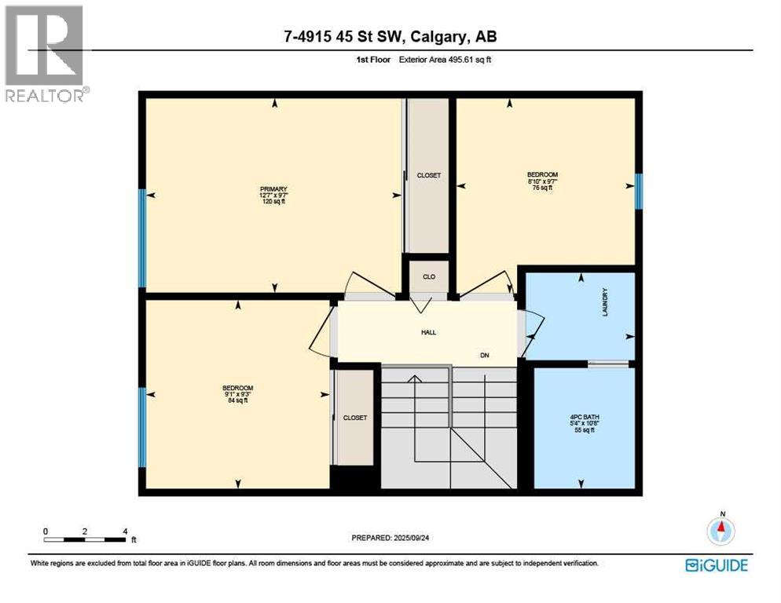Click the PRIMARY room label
274,189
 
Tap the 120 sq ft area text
274,202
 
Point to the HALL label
428,332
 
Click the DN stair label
485,355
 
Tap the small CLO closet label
429,277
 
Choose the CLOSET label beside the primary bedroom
428,176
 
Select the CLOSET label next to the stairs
355,418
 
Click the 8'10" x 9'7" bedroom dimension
543,181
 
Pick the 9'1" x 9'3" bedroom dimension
237,394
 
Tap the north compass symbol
720,530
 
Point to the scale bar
85,539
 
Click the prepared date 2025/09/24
391,538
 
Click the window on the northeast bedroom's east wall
639,191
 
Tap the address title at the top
390,36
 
